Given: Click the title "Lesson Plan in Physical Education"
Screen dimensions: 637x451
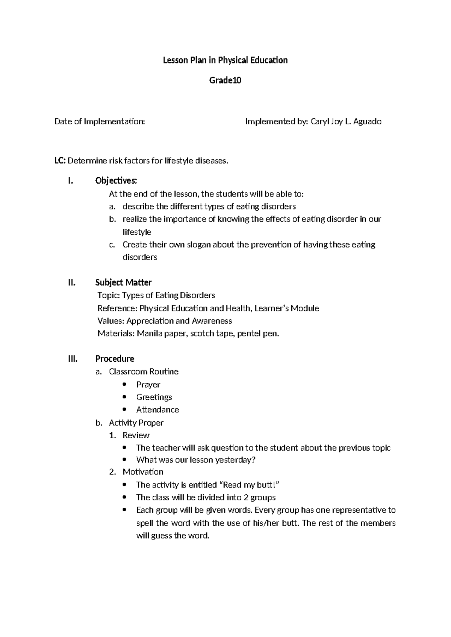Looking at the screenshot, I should coord(225,60).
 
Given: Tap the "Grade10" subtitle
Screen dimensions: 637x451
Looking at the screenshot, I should coord(225,80).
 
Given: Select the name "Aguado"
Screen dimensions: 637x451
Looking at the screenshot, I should coord(367,121).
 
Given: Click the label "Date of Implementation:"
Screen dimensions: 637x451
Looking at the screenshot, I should coord(100,121).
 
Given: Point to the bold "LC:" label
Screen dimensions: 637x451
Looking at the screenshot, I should coord(60,161).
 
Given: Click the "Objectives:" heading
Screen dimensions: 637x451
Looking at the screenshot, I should coord(116,181).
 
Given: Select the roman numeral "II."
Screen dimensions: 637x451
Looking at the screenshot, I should coord(72,282).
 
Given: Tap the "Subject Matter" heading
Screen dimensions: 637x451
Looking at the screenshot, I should coord(123,282).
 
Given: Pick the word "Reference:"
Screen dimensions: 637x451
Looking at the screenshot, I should coord(117,308).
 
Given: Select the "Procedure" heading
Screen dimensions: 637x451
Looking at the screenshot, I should coord(115,359).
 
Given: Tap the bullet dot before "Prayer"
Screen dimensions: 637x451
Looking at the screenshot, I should coord(125,384).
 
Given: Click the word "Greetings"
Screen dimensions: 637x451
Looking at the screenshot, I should coord(154,397).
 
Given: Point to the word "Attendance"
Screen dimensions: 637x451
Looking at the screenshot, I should coord(157,410).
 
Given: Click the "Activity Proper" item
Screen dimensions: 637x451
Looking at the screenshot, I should coord(136,423).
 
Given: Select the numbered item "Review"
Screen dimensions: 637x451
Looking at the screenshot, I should coord(136,435).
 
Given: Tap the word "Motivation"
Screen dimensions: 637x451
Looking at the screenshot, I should coord(143,472).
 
